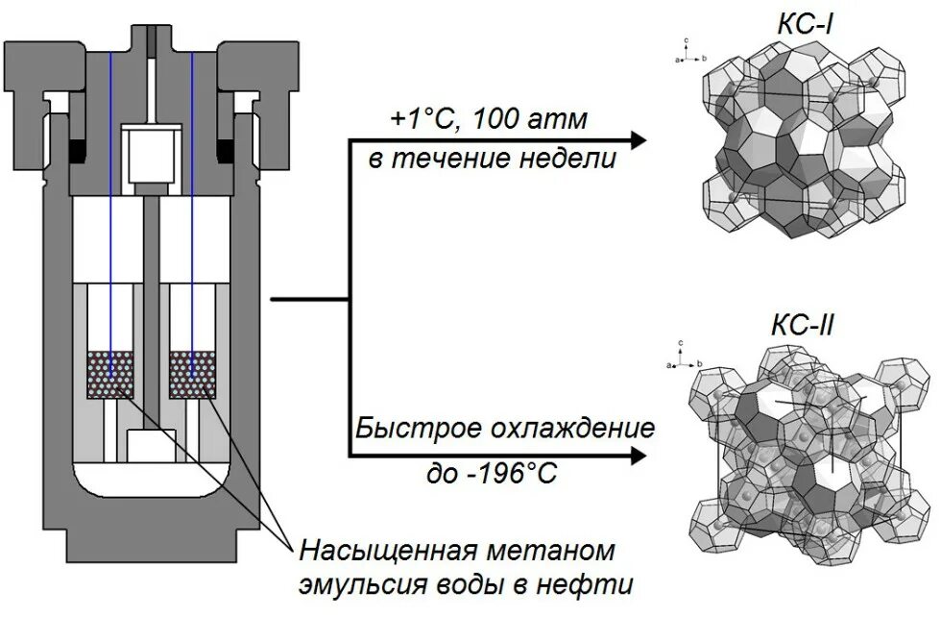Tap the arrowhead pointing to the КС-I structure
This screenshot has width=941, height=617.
635,140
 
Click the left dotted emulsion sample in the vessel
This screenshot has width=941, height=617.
111,375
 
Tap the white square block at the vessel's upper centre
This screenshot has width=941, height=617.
150,153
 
